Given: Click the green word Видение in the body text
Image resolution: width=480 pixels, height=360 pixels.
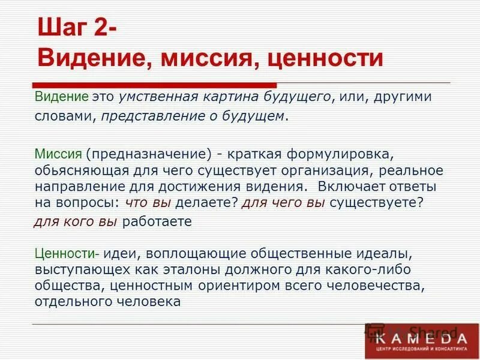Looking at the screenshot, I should pos(61,97).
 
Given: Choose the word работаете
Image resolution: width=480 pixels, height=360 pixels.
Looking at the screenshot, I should pos(157,221).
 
